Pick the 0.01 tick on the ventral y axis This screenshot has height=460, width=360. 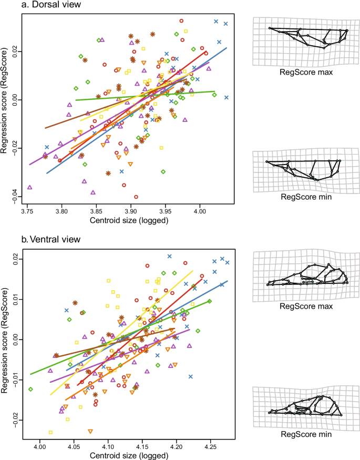pyautogui.click(x=15, y=299)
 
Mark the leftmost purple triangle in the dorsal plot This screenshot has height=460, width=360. pyautogui.click(x=29, y=187)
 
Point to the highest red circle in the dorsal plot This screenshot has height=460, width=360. pyautogui.click(x=181, y=21)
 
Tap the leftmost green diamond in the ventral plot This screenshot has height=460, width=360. pyautogui.click(x=31, y=389)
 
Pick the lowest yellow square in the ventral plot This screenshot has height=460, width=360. pyautogui.click(x=50, y=432)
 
